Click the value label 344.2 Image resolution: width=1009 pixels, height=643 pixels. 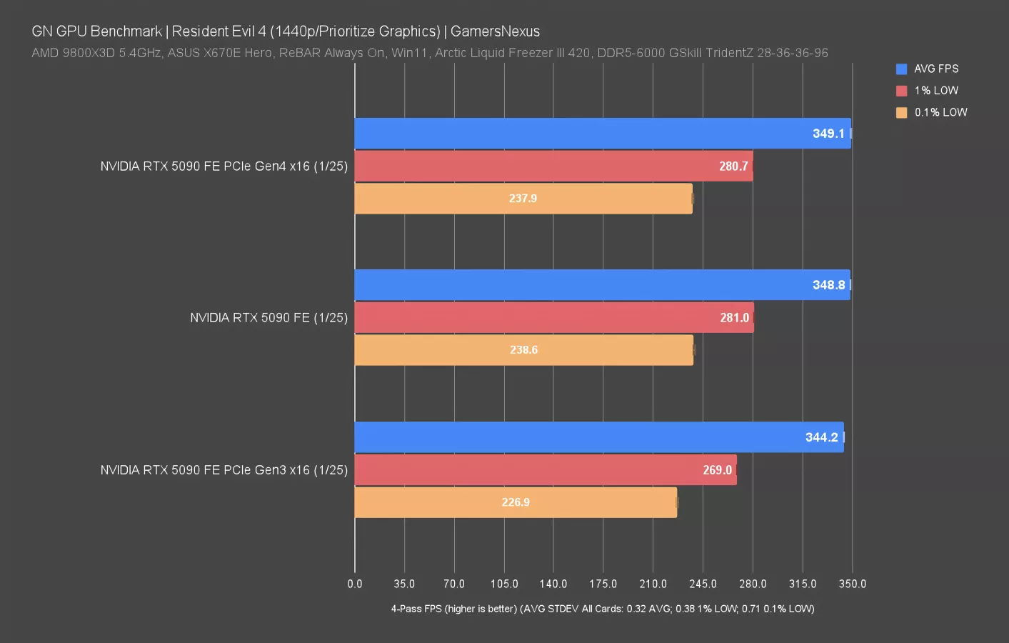(821, 437)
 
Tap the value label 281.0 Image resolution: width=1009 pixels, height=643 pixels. (734, 318)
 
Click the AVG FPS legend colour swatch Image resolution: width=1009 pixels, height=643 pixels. (901, 69)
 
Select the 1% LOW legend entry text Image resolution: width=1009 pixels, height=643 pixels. (936, 91)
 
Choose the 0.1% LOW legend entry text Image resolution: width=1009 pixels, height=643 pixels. (940, 112)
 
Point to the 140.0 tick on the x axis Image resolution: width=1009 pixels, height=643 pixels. (553, 584)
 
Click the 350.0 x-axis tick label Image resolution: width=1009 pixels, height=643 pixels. (852, 584)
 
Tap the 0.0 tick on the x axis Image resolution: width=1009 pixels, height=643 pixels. (355, 584)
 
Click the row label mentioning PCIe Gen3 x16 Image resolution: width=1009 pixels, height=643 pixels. (224, 470)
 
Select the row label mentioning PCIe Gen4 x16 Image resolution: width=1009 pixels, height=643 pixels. (224, 166)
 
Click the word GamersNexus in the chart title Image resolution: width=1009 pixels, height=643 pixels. (495, 31)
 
